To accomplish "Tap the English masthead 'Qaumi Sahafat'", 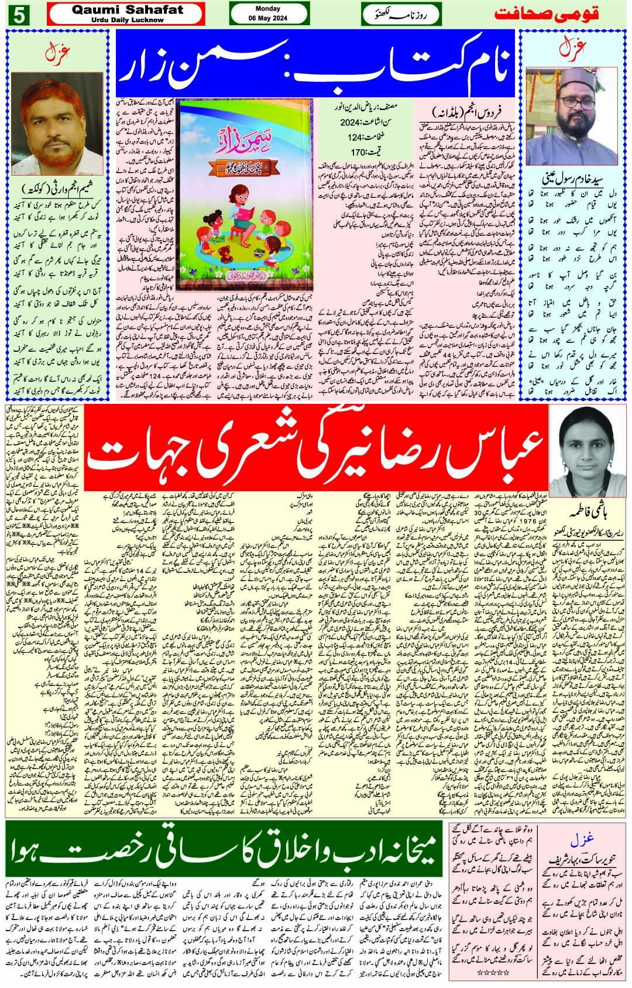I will [x=128, y=11].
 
